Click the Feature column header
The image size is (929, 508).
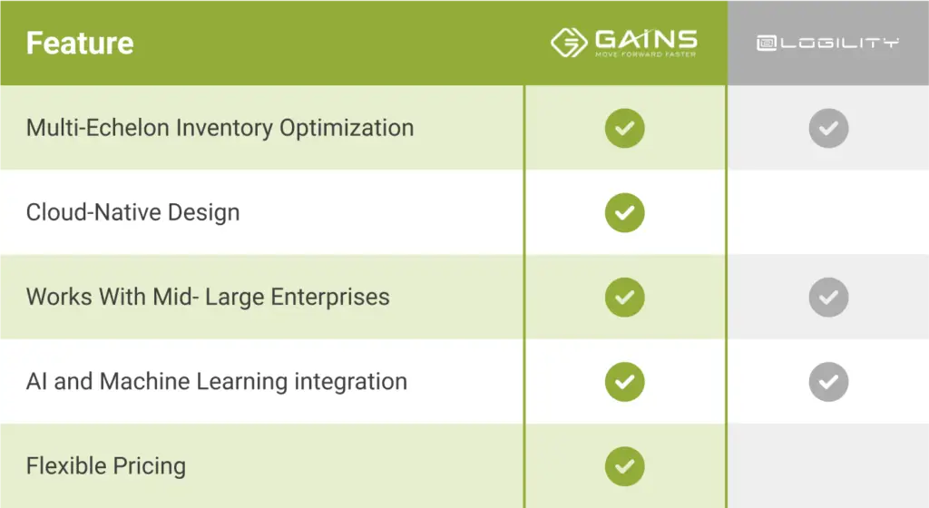tap(80, 44)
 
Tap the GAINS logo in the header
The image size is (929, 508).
tap(624, 43)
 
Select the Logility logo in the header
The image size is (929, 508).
tap(827, 44)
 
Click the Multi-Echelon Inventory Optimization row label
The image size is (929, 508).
tap(220, 128)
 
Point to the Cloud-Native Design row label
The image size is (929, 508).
tap(132, 212)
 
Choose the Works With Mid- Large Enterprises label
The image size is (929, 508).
tap(208, 297)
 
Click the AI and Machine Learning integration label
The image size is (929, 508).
tap(217, 381)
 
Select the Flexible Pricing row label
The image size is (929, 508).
tap(106, 466)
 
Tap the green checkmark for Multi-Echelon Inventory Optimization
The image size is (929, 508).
tap(624, 128)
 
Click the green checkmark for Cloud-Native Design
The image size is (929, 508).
tap(624, 212)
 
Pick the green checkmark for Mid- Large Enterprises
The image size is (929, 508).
tap(624, 298)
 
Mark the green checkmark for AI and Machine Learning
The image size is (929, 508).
tap(624, 382)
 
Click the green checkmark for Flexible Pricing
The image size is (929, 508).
tap(624, 466)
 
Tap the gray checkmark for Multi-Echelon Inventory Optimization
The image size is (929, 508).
tap(828, 128)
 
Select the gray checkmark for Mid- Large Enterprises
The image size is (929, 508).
tap(828, 298)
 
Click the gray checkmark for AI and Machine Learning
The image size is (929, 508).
tap(828, 382)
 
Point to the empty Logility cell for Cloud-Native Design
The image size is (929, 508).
tap(828, 212)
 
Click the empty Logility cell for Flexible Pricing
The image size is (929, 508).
tap(828, 466)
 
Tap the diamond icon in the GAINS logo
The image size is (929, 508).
tap(569, 43)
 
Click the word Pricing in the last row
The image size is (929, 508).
tap(150, 466)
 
